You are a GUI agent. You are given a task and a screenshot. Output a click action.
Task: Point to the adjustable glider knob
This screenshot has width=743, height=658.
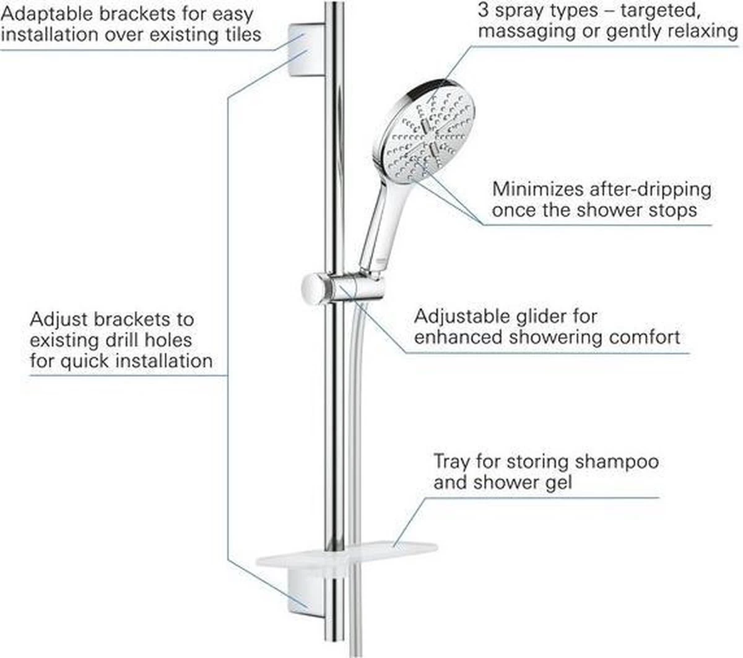[x=316, y=288]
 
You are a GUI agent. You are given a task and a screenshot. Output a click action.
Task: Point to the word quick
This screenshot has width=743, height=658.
[x=86, y=360]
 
